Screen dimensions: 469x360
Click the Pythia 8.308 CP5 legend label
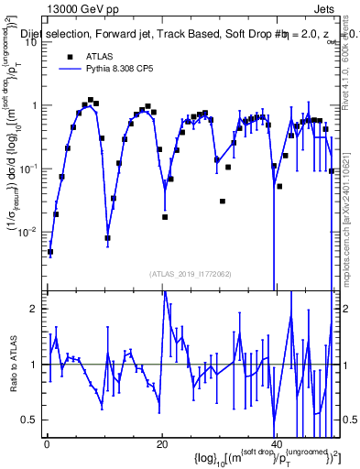point(129,68)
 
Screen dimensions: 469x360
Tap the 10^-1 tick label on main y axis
point(30,169)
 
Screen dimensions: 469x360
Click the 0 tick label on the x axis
point(46,442)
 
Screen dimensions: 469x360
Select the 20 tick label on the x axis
point(162,442)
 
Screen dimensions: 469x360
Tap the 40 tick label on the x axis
point(276,442)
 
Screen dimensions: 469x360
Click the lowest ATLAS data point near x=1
point(50,252)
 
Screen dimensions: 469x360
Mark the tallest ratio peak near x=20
point(165,292)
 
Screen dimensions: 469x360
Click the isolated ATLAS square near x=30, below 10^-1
point(223,201)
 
